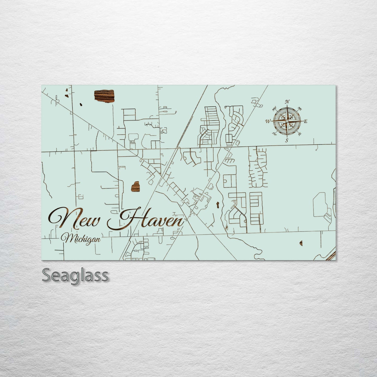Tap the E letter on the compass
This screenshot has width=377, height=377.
coord(306,121)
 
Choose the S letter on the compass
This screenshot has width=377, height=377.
coord(286,141)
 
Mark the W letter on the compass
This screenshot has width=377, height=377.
coord(268,121)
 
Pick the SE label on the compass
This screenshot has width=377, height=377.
coord(300,134)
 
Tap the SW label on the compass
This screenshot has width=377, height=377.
coord(274,134)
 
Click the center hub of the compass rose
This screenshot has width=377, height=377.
coord(287,121)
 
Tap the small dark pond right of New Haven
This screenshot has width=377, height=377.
coord(217,205)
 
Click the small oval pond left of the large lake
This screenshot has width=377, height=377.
coord(81,105)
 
